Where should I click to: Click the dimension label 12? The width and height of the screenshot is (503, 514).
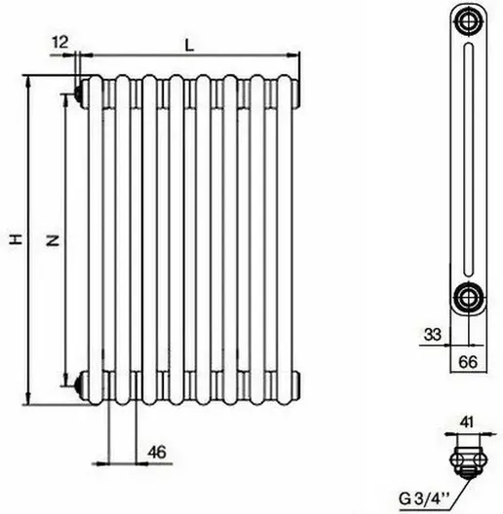60,42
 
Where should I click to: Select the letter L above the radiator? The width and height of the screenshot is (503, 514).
189,45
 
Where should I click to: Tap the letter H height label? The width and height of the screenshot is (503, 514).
16,239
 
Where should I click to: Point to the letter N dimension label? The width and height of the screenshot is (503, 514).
53,241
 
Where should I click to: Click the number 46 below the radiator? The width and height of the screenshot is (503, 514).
157,453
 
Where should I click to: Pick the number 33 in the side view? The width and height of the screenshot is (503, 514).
433,335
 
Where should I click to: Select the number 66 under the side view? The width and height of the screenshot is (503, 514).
468,362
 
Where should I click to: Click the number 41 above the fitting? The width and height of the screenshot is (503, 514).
467,422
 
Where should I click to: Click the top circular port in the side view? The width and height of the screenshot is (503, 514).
468,21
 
